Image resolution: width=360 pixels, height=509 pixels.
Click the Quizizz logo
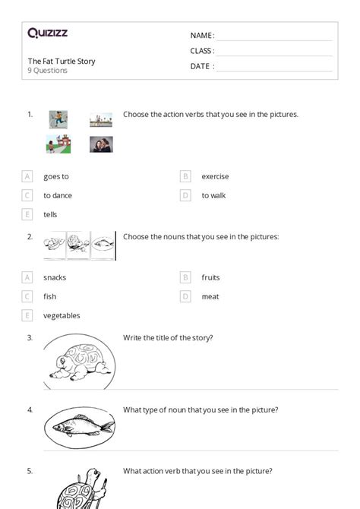[47, 33]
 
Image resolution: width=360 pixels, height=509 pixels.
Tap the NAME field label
[201, 36]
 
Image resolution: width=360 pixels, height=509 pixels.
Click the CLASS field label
[202, 51]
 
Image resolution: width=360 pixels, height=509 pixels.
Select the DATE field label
[201, 66]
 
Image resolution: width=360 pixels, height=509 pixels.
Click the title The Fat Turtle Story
[62, 61]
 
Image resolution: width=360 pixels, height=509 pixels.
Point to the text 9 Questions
[48, 71]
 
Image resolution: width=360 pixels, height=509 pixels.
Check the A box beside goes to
[27, 176]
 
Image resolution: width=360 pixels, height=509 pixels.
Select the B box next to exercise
[185, 176]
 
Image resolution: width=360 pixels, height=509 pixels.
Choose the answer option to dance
[58, 195]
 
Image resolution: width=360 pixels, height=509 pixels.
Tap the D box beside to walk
[185, 195]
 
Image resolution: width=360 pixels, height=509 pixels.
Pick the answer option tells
[50, 214]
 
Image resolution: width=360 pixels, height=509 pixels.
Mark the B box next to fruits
[185, 277]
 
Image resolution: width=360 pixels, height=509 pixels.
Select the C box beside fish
[27, 296]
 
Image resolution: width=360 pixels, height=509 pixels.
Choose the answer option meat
[210, 296]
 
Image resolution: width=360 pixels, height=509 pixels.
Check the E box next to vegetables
[27, 315]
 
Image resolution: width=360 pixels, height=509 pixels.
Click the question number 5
[30, 471]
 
